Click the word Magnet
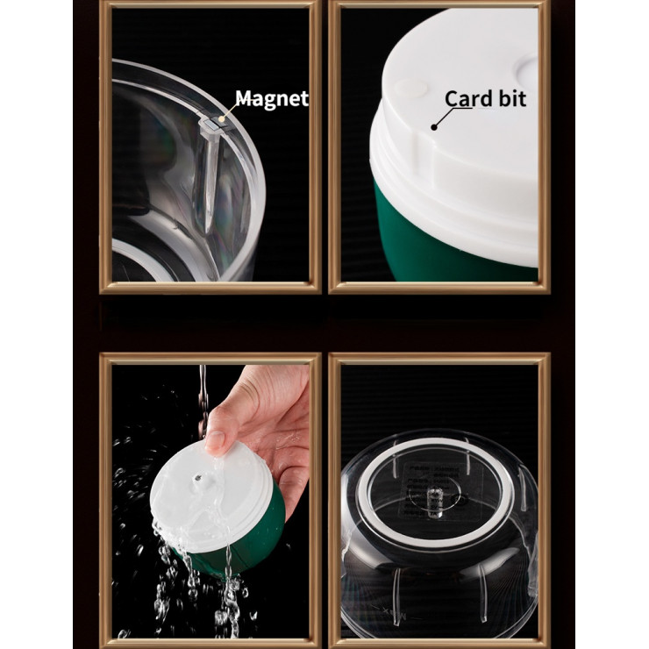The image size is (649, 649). [x=272, y=99]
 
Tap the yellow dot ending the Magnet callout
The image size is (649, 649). [x=222, y=119]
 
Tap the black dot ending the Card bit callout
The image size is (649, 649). [x=434, y=127]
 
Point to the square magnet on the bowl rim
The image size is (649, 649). [x=211, y=124]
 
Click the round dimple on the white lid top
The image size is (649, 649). [x=410, y=88]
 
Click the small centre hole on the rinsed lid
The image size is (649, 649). [x=198, y=478]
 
